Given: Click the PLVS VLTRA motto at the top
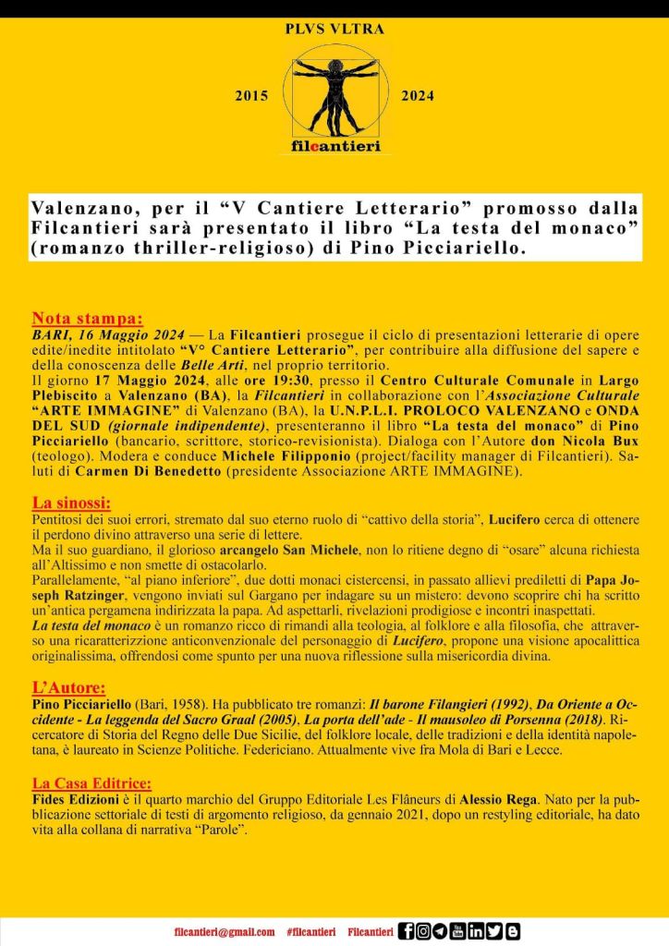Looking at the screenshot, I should (x=334, y=30).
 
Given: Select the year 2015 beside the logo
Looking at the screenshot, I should (x=251, y=96).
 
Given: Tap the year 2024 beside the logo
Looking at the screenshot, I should (x=417, y=96).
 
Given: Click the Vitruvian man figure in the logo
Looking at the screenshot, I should (x=334, y=92).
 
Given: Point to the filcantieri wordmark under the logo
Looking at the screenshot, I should (x=334, y=146).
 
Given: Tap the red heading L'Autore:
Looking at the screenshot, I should (x=68, y=687).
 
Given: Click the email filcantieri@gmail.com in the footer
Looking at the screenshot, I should (x=225, y=932).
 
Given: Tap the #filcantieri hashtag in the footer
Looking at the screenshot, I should (x=310, y=932).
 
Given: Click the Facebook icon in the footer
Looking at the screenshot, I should (x=406, y=932).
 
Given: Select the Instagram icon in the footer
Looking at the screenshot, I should (x=423, y=932).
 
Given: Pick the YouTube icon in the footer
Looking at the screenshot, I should (x=458, y=932).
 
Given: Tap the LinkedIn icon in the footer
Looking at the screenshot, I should (x=476, y=932).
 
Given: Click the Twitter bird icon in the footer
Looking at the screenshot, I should (x=493, y=932).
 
